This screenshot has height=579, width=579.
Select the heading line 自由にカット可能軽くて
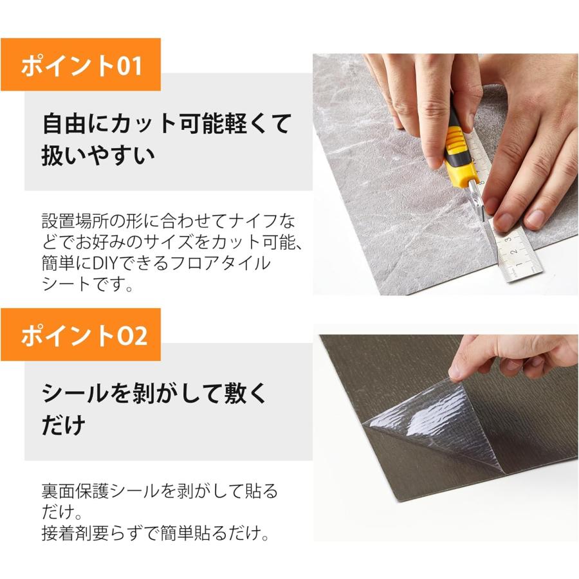point(167,123)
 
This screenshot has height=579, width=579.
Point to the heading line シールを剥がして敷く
point(154,393)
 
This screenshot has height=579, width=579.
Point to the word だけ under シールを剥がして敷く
point(64,425)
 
